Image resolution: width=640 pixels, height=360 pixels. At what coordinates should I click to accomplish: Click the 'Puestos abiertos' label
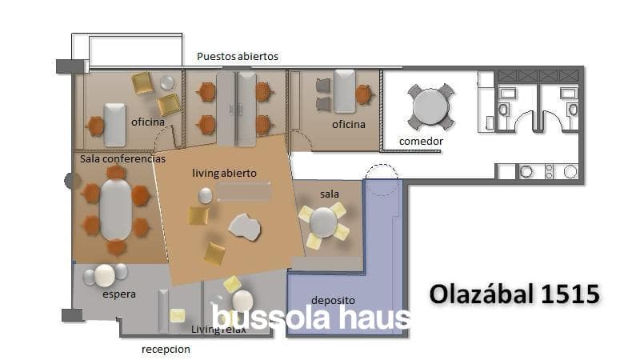pyautogui.click(x=238, y=56)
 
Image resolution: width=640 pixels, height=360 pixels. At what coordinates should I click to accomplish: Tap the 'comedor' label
pyautogui.click(x=421, y=142)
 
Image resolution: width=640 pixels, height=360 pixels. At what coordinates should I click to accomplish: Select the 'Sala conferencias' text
pyautogui.click(x=122, y=158)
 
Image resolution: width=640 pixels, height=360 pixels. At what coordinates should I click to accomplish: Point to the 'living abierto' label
pyautogui.click(x=224, y=173)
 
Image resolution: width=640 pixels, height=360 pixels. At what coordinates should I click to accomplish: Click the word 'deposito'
pyautogui.click(x=333, y=301)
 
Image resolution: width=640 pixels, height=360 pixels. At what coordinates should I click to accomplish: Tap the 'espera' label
pyautogui.click(x=118, y=294)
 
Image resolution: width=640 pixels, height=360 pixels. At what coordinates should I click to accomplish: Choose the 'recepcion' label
pyautogui.click(x=166, y=350)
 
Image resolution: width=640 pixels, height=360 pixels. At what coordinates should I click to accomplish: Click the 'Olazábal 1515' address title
pyautogui.click(x=514, y=294)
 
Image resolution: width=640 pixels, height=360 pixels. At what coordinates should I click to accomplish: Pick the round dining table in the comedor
pyautogui.click(x=430, y=106)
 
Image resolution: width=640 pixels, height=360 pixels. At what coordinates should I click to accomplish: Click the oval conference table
pyautogui.click(x=116, y=210)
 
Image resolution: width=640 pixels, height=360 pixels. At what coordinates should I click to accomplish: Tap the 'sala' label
pyautogui.click(x=330, y=194)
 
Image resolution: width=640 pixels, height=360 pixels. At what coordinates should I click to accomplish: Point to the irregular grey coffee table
pyautogui.click(x=245, y=227)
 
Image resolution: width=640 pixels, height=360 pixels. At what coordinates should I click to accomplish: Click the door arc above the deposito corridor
pyautogui.click(x=382, y=170)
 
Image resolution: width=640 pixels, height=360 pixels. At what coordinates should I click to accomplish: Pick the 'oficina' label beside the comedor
pyautogui.click(x=349, y=125)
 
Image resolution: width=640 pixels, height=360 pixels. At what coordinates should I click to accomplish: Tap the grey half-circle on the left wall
pyautogui.click(x=70, y=181)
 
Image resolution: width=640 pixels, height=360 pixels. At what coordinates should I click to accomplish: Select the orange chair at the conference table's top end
pyautogui.click(x=116, y=172)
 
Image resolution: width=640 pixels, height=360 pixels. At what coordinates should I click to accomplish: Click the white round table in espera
pyautogui.click(x=105, y=275)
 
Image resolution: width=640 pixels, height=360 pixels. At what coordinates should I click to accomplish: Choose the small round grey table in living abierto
pyautogui.click(x=206, y=195)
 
